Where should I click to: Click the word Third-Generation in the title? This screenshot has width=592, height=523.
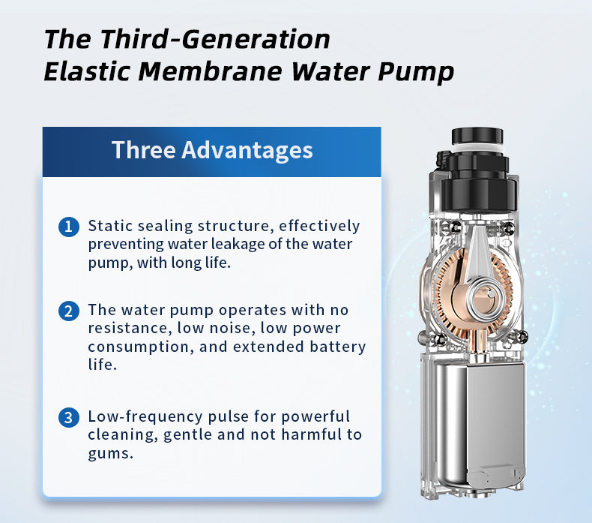[214, 39]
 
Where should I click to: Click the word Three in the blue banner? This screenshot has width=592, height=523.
[143, 150]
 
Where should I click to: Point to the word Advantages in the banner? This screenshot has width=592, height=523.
[247, 150]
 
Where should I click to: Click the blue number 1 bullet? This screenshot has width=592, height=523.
[69, 227]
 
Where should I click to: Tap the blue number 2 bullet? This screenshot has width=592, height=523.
[69, 311]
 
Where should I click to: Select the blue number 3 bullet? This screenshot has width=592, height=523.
[69, 417]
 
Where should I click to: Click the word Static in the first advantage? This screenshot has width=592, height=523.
[110, 226]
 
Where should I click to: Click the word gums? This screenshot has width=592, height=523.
[111, 454]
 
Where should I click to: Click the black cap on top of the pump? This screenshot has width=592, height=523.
[477, 137]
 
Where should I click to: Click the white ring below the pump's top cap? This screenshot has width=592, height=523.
[477, 149]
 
